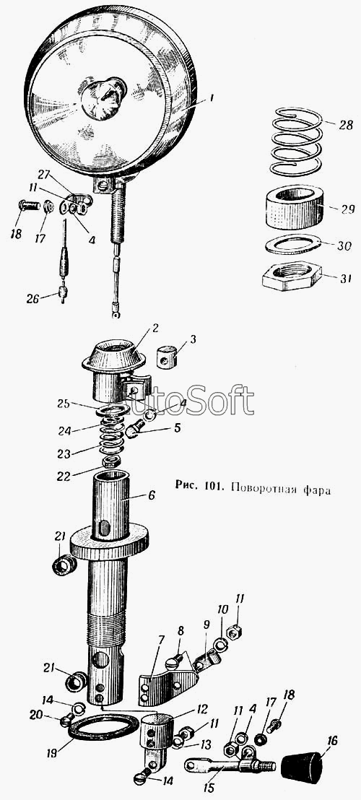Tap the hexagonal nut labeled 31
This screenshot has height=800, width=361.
coord(289,276)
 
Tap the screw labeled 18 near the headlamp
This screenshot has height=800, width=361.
coord(30,206)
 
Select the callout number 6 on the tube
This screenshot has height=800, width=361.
coord(152,495)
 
